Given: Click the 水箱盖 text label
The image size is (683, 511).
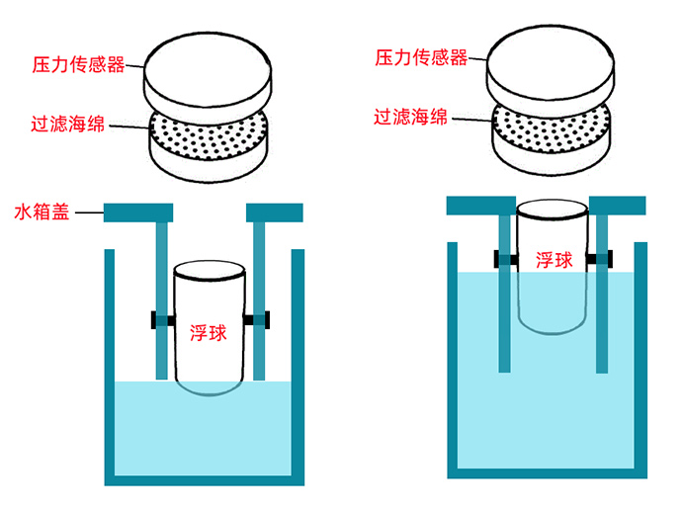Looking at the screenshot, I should point(41,212).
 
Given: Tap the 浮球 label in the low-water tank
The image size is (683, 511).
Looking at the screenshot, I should point(209,332).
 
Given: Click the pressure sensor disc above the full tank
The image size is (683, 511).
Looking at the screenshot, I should point(554,64).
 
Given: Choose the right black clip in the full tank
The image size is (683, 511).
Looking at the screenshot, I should point(598,259).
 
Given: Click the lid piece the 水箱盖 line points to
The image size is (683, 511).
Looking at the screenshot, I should point(138,212).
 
